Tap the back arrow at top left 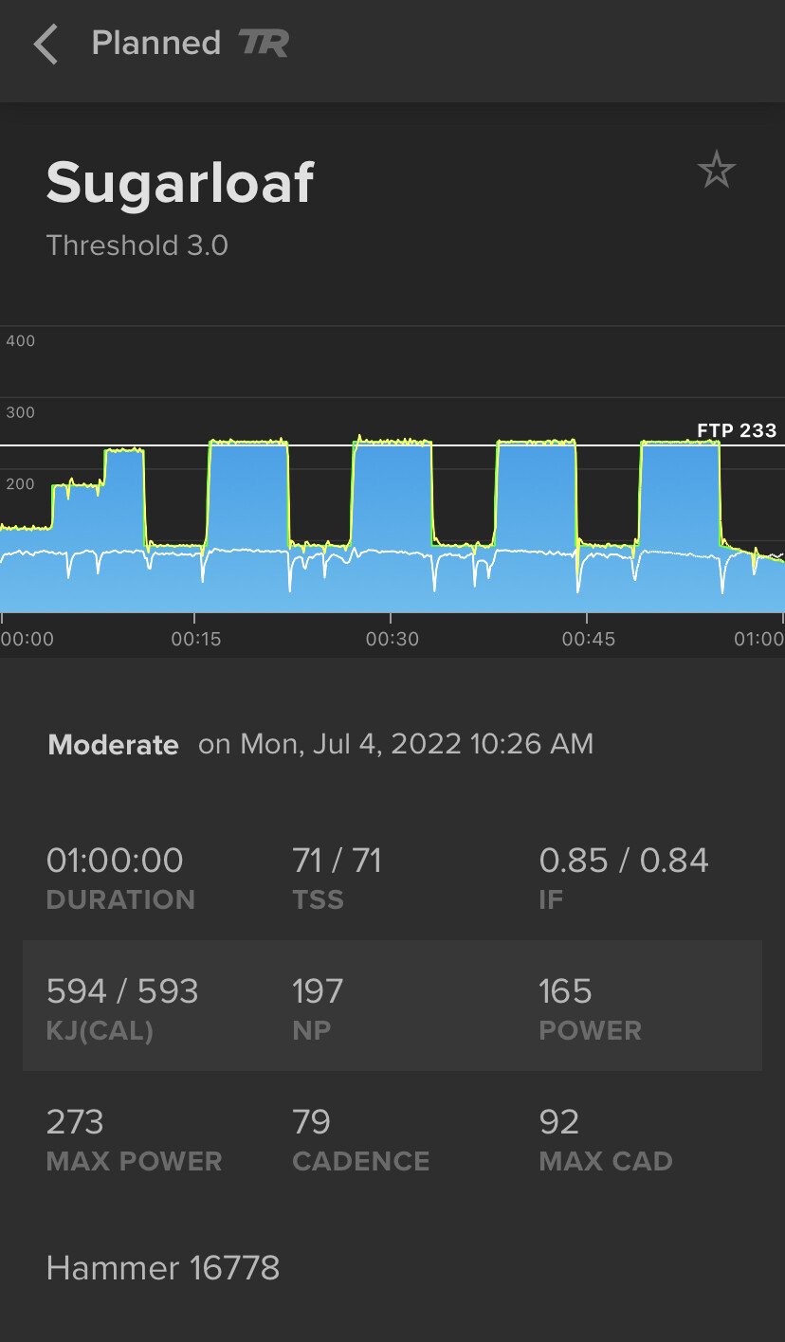[x=45, y=45]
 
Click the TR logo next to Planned [x=264, y=44]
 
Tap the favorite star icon [x=716, y=171]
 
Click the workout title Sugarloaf [x=180, y=182]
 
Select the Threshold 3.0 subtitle [x=137, y=245]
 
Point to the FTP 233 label [x=736, y=430]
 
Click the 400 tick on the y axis [x=20, y=340]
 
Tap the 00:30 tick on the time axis [x=392, y=639]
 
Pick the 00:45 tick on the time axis [x=588, y=639]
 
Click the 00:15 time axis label [x=195, y=639]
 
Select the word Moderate [x=113, y=745]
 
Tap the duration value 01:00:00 [x=115, y=861]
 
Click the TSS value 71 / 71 [x=337, y=861]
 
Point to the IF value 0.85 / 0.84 [x=624, y=861]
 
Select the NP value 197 [x=317, y=991]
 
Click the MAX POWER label [x=134, y=1161]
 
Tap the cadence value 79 [x=311, y=1122]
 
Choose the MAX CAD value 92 [x=558, y=1122]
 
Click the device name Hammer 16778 [x=163, y=1268]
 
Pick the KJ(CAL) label [x=100, y=1030]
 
